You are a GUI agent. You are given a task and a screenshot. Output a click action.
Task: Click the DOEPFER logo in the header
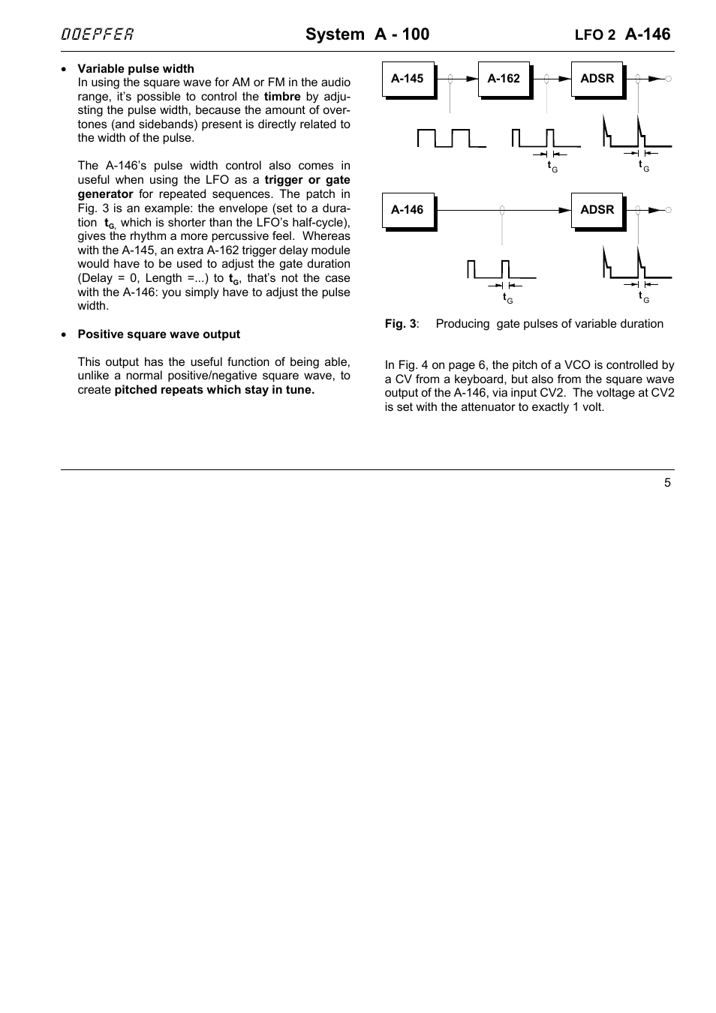pos(98,34)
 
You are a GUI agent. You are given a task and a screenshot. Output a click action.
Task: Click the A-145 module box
pos(408,79)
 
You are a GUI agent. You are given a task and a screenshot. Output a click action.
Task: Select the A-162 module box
pos(504,79)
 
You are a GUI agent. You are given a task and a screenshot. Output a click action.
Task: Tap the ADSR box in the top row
pos(597,79)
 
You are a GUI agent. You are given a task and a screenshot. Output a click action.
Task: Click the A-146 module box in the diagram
pos(408,210)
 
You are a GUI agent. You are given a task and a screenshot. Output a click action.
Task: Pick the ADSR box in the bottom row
pos(597,210)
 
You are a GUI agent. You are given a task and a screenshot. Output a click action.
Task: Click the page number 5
pos(667,483)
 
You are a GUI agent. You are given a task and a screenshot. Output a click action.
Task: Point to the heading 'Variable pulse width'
pos(136,69)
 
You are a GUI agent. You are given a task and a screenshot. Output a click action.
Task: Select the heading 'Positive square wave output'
pos(159,334)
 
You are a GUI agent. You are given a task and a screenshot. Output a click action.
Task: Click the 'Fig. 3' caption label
pos(401,324)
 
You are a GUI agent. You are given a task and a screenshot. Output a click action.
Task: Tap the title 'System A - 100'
pos(367,34)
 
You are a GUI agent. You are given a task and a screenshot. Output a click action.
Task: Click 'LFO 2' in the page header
pos(594,35)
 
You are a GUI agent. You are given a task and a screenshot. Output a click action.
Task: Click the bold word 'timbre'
pos(282,97)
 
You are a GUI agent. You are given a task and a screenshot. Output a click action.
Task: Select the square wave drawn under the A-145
pos(451,138)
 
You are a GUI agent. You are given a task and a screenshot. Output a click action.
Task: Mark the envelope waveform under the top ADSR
pos(636,133)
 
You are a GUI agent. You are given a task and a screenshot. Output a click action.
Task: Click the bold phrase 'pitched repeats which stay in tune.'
pos(215,390)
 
